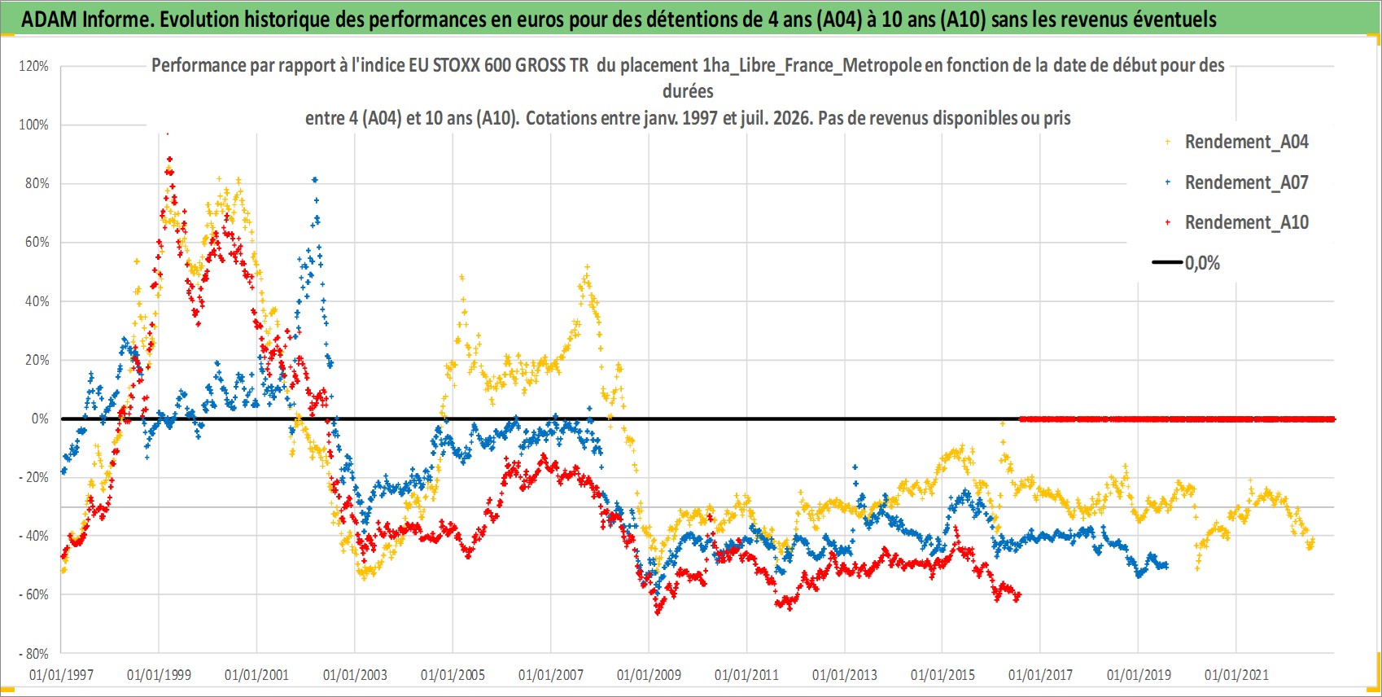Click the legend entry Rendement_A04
(x=1246, y=142)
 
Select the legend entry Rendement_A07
(x=1246, y=182)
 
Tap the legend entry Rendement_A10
(x=1246, y=222)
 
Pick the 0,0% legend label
(x=1202, y=263)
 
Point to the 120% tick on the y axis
(x=34, y=66)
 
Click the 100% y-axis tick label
(x=34, y=125)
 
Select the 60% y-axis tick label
(x=37, y=242)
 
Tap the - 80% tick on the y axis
(x=33, y=653)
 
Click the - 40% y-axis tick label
(x=33, y=536)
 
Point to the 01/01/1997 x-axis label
(x=61, y=675)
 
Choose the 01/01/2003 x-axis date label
(x=355, y=675)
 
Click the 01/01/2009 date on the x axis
(x=649, y=675)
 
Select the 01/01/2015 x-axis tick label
(x=942, y=675)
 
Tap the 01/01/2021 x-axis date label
(x=1236, y=675)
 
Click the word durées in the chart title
(x=688, y=91)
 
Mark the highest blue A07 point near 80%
(x=315, y=180)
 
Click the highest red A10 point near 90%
(x=169, y=159)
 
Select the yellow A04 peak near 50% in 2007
(x=587, y=267)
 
